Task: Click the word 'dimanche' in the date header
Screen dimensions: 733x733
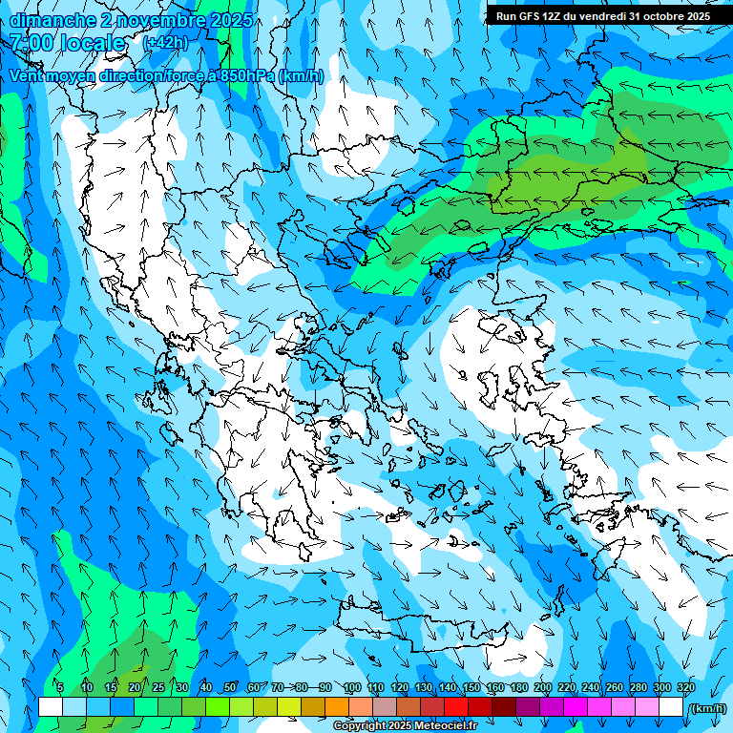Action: pyautogui.click(x=52, y=19)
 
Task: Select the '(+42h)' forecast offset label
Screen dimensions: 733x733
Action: pyautogui.click(x=165, y=43)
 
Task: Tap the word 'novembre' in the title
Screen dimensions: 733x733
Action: pyautogui.click(x=159, y=19)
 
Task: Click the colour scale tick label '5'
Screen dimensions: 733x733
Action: pyautogui.click(x=60, y=687)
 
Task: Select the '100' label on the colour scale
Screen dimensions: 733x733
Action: pyautogui.click(x=352, y=687)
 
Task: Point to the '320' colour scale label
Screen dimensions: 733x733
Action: pyautogui.click(x=685, y=687)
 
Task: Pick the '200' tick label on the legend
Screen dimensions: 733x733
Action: pyautogui.click(x=542, y=687)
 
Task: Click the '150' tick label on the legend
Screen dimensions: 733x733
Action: pyautogui.click(x=471, y=687)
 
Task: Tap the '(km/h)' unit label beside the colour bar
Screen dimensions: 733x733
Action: pyautogui.click(x=707, y=707)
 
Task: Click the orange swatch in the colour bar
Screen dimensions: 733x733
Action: pyautogui.click(x=337, y=707)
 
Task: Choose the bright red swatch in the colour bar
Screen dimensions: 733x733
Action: pyautogui.click(x=456, y=707)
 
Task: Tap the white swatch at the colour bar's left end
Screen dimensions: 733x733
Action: pyautogui.click(x=51, y=707)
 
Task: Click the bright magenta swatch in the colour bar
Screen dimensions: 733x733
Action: pyautogui.click(x=576, y=707)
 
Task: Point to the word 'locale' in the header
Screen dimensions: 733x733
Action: pyautogui.click(x=93, y=43)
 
